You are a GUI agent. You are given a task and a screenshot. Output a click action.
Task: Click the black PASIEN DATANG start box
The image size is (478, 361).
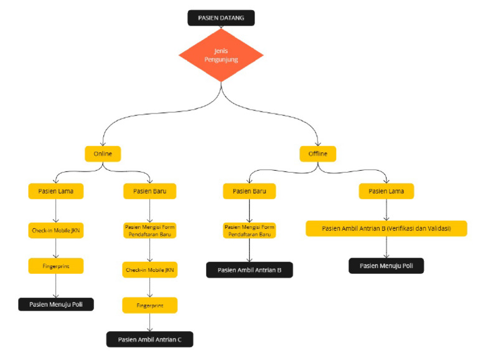(x=221, y=18)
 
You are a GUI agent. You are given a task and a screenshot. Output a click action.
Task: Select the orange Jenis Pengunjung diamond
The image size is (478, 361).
(x=221, y=55)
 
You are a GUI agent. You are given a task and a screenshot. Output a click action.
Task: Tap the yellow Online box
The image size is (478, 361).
(x=103, y=153)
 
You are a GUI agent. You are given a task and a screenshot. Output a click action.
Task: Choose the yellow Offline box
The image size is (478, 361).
(x=317, y=153)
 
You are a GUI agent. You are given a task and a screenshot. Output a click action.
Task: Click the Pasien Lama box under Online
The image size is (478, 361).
(x=56, y=191)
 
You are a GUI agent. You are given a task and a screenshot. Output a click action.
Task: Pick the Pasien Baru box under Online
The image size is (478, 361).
(x=149, y=191)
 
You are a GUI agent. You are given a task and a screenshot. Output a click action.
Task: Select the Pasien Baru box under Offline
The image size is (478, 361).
(x=249, y=191)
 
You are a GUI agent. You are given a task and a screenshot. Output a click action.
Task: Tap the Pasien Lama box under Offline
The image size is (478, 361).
(x=386, y=191)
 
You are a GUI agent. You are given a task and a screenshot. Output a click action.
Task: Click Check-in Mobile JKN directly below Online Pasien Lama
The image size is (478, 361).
(x=56, y=231)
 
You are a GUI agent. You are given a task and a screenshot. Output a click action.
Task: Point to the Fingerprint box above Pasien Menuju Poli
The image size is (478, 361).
(x=56, y=266)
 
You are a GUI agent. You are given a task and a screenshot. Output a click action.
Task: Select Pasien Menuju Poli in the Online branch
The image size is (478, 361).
(x=56, y=304)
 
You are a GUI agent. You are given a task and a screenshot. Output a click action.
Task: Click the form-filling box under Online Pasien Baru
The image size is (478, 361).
(x=149, y=231)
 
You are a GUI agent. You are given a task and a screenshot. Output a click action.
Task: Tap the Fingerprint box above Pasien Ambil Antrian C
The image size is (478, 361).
(x=149, y=305)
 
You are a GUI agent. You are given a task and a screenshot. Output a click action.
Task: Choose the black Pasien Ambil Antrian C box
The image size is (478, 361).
(x=149, y=339)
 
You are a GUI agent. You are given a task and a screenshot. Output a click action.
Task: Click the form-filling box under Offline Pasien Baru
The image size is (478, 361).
(x=249, y=231)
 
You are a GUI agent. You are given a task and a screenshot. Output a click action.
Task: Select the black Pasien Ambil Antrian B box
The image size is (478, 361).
(x=249, y=270)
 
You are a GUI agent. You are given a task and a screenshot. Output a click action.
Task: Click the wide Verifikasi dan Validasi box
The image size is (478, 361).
(x=386, y=228)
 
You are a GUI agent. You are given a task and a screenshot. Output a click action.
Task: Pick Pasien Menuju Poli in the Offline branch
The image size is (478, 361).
(x=386, y=266)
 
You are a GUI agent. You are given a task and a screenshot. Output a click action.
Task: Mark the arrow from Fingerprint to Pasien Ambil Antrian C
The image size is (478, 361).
(x=149, y=322)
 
